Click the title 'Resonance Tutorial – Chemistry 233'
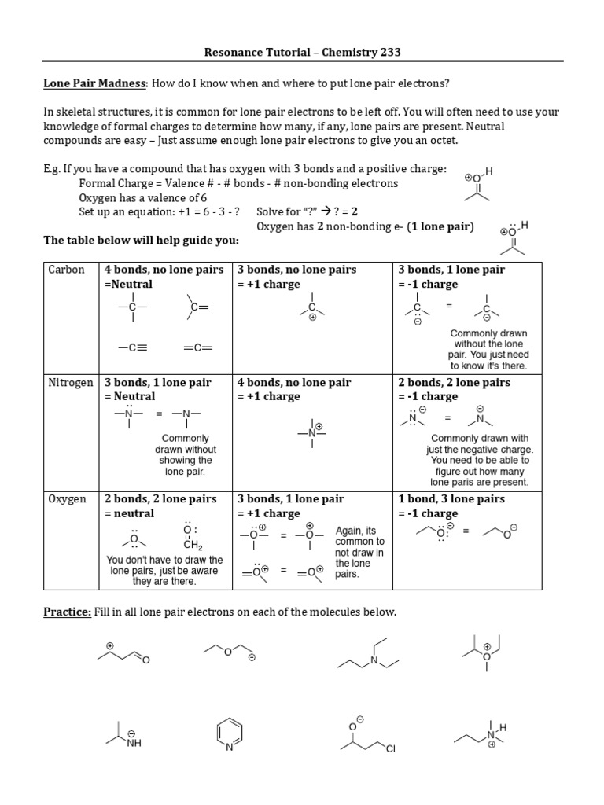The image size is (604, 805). pos(303,53)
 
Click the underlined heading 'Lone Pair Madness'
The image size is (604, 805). pos(94,83)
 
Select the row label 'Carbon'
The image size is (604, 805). pos(67,270)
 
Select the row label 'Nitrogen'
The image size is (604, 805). pos(71,383)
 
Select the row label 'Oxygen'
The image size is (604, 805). pos(68,499)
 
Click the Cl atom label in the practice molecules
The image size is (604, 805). pos(390,749)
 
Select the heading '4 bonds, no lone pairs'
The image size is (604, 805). pos(164,270)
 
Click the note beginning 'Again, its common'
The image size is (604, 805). pos(359,552)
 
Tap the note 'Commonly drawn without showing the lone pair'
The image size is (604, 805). pos(185,455)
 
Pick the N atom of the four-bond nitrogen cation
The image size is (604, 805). pos(312,433)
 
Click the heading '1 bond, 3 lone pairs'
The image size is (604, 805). pos(451,499)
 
